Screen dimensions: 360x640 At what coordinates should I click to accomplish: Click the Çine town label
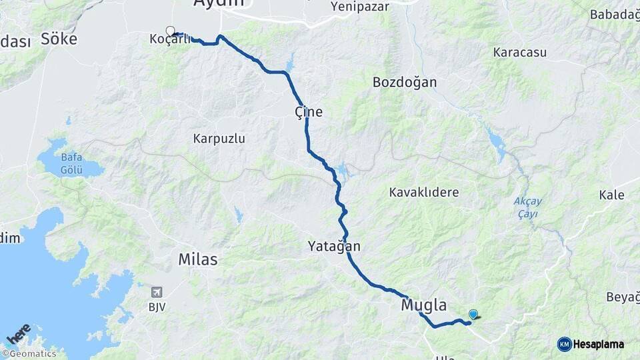click(309, 112)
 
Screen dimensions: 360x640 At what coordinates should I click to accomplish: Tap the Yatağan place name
click(334, 246)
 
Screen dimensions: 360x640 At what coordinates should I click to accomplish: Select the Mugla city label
click(423, 305)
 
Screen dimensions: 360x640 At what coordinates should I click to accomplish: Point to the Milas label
click(198, 259)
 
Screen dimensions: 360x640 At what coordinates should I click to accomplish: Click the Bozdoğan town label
click(405, 83)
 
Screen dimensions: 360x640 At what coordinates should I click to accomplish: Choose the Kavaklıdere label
click(424, 193)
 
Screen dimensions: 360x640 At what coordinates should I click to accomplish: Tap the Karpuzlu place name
click(219, 139)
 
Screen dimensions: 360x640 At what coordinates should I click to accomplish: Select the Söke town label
click(59, 39)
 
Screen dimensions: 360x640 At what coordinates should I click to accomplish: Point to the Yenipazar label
click(360, 7)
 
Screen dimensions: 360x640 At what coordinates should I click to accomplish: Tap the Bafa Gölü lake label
click(71, 163)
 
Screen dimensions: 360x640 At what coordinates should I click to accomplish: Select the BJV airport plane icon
click(157, 292)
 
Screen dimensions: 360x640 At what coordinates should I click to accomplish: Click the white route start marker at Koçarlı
click(170, 31)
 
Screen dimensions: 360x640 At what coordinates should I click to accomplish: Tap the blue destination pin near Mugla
click(473, 314)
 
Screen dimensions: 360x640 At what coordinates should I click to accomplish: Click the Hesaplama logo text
click(598, 344)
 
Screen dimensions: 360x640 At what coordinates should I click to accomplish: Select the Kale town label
click(611, 195)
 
